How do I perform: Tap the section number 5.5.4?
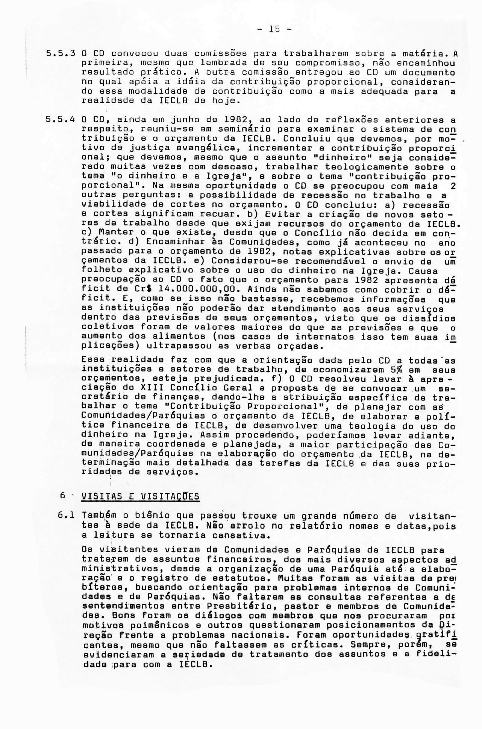click(57, 120)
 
